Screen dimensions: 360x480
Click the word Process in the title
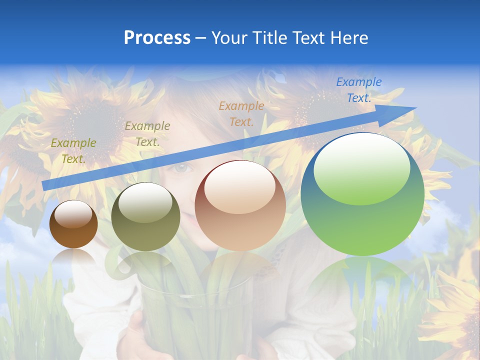pyautogui.click(x=157, y=38)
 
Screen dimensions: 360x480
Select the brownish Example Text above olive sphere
pyautogui.click(x=147, y=134)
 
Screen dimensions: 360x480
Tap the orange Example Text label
pyautogui.click(x=241, y=113)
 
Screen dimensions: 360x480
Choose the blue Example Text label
pyautogui.click(x=358, y=90)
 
